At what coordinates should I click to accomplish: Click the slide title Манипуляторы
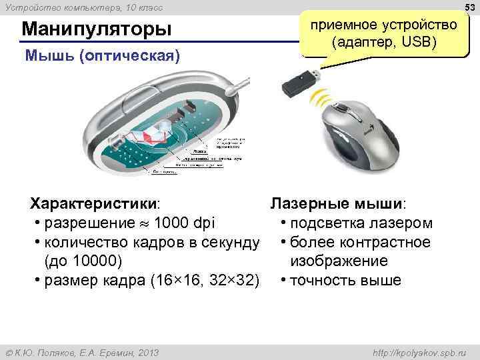pyautogui.click(x=96, y=30)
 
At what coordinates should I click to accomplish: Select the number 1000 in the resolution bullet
pyautogui.click(x=171, y=223)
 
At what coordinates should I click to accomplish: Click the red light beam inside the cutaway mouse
pyautogui.click(x=148, y=136)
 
